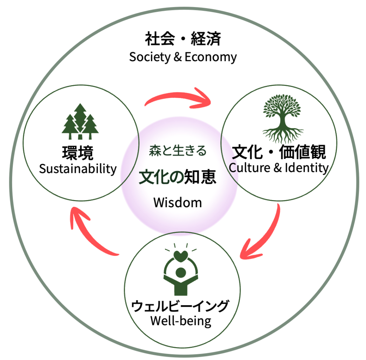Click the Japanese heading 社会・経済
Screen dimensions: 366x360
[183, 39]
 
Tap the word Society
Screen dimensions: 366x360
[150, 57]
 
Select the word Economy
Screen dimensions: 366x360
[211, 57]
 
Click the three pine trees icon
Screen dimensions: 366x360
[80, 122]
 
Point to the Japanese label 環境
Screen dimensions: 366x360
[78, 153]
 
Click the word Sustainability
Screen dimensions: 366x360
[78, 169]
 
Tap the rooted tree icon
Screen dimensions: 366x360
[283, 119]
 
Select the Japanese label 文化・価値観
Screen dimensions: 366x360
[279, 152]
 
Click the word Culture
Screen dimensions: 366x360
[249, 167]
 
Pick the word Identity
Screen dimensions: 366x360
[307, 168]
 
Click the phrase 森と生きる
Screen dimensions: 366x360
[178, 151]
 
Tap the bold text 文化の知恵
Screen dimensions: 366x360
[177, 177]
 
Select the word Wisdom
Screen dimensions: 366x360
[178, 203]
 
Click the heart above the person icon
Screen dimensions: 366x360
[181, 256]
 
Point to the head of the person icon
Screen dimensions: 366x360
[180, 272]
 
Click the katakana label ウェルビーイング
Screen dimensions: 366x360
[180, 306]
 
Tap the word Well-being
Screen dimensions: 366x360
[181, 321]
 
